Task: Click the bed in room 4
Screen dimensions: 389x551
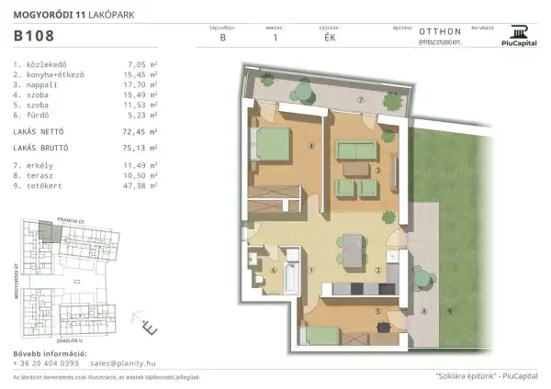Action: (273, 144)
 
